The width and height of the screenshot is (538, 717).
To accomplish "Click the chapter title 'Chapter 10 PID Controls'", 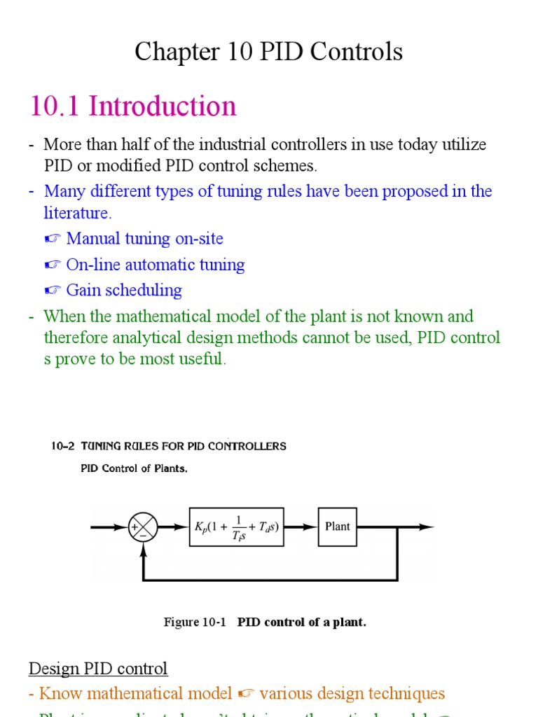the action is [268, 52].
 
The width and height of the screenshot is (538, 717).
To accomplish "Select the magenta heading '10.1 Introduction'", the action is [133, 106].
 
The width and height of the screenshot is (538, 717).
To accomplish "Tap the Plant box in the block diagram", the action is [337, 527].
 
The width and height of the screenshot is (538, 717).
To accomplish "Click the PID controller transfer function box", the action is [237, 527].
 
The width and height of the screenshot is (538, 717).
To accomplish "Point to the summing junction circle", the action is [143, 527].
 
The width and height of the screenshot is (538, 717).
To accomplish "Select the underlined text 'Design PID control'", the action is [98, 669].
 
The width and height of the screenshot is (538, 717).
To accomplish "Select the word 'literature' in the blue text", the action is [76, 213].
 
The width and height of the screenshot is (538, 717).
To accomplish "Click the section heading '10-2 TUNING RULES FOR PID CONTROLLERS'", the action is [168, 446].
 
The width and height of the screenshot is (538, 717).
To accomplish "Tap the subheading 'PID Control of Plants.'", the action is [134, 469].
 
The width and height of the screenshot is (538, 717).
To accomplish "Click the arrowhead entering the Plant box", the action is [312, 527].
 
